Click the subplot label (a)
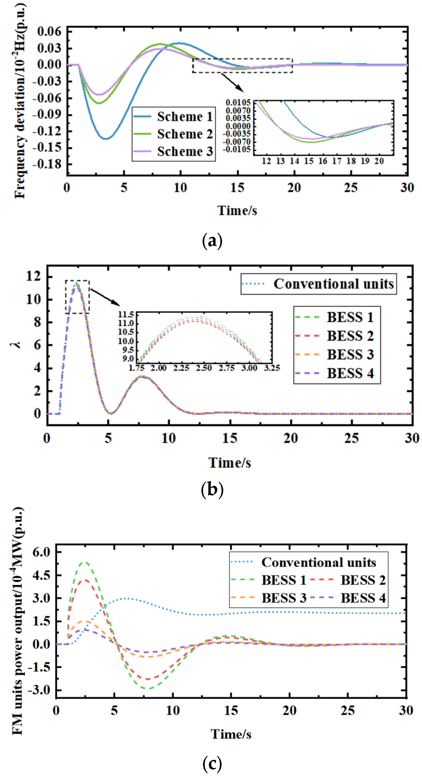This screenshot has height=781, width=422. coord(212,241)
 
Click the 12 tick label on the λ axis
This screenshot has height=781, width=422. coord(33,276)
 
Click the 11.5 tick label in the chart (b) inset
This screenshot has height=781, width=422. coord(126,314)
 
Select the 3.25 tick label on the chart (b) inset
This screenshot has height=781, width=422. coord(272,368)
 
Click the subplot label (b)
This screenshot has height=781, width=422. coord(212,490)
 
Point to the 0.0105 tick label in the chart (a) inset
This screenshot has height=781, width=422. coord(238,103)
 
